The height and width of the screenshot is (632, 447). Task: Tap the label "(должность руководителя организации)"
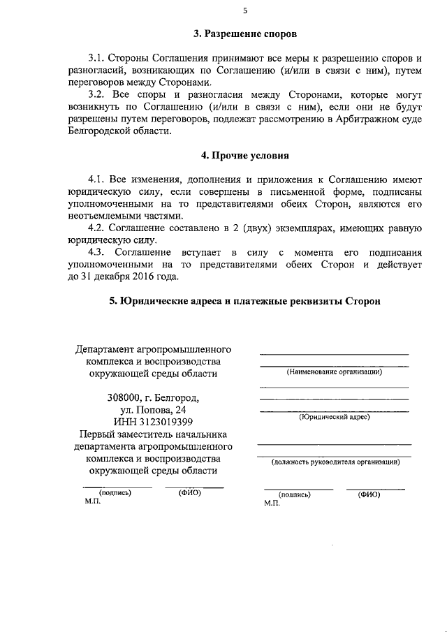tap(335, 462)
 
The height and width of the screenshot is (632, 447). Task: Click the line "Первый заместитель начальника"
tap(154, 434)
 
